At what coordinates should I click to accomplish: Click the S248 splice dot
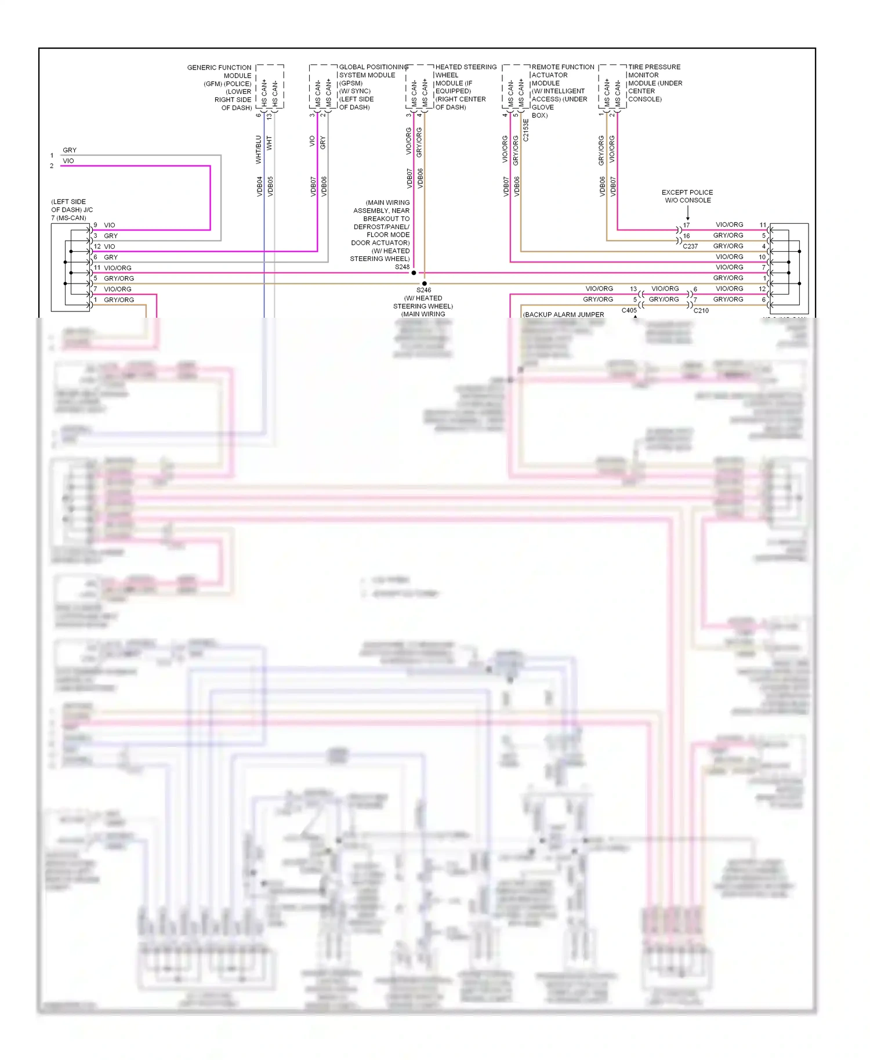coord(414,273)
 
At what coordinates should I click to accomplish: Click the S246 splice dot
coord(425,284)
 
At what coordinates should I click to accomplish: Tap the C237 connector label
coord(690,246)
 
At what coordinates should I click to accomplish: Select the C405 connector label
coord(629,310)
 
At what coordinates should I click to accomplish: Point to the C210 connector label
coord(701,311)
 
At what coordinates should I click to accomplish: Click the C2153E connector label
coord(526,130)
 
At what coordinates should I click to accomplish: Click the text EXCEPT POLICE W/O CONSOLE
coord(687,197)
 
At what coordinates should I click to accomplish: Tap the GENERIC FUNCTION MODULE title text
coord(219,71)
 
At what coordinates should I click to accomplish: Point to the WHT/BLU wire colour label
coord(259,150)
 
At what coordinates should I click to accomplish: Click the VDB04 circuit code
coord(260,187)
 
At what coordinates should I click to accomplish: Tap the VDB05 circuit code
coord(270,187)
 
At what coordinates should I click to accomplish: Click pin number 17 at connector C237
coord(687,225)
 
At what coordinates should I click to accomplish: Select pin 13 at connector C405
coord(633,289)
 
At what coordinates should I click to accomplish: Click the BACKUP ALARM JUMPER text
coord(564,314)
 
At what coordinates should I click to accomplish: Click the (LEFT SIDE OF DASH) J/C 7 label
coord(72,210)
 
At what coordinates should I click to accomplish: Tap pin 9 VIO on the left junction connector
coord(104,225)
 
